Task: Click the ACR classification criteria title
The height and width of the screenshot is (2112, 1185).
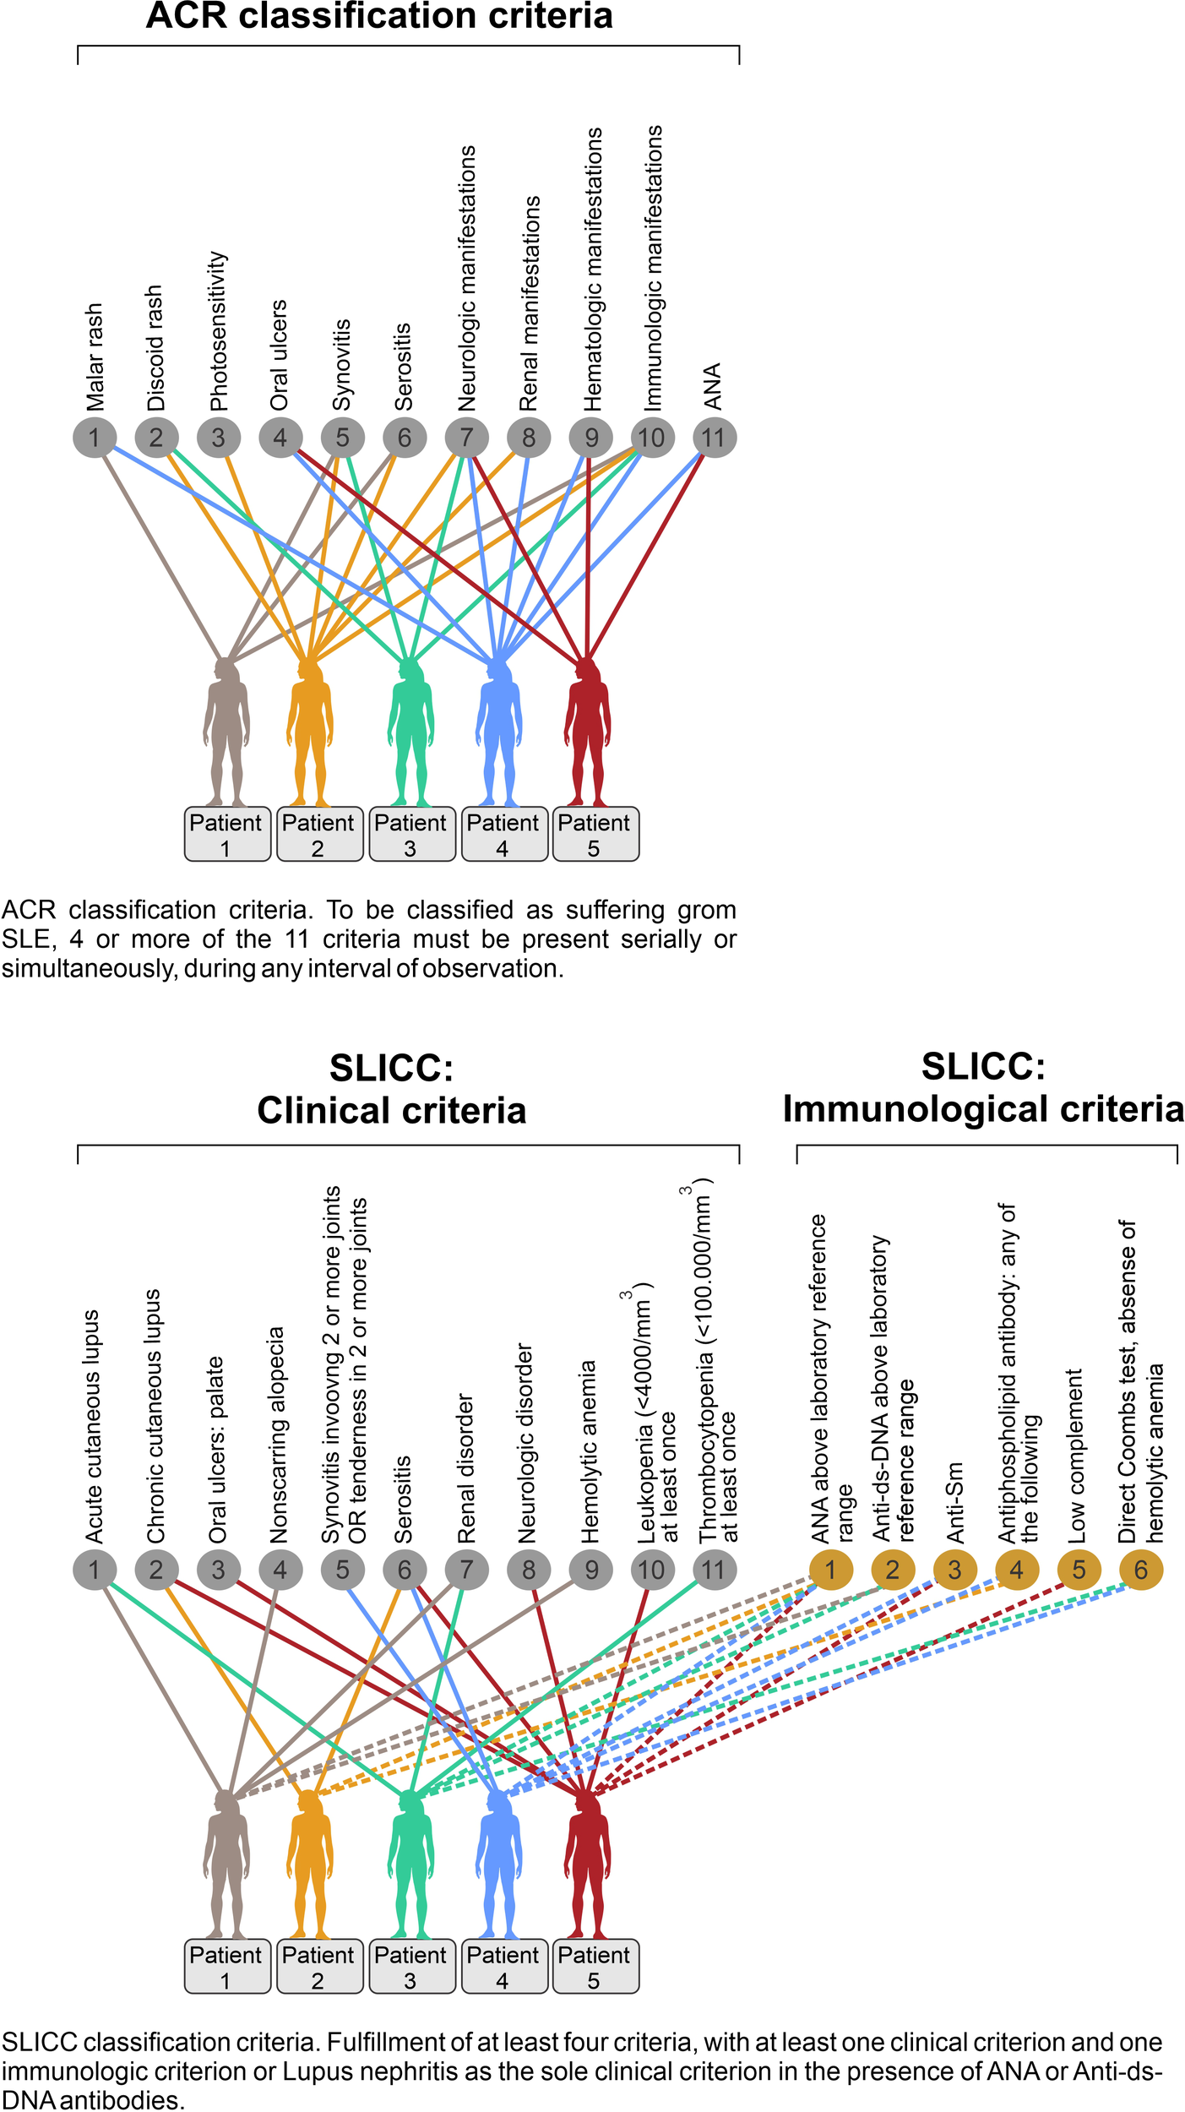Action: (379, 17)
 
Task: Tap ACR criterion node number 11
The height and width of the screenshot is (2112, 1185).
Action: (714, 438)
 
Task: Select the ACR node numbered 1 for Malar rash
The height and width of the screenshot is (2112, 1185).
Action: (94, 438)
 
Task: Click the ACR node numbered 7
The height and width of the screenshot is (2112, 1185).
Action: (466, 438)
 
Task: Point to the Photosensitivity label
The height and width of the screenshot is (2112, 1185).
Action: (218, 330)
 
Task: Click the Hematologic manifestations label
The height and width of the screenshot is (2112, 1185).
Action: (592, 269)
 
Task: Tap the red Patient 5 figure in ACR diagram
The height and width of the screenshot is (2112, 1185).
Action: (587, 735)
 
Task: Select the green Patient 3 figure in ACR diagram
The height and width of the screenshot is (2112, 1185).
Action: (410, 735)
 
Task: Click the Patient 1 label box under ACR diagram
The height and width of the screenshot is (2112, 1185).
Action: (226, 835)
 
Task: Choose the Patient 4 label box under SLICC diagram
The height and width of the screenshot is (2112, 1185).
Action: (503, 1967)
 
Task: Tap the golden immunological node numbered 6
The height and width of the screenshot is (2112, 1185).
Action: (1140, 1570)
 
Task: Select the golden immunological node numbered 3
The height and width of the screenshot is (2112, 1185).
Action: (954, 1570)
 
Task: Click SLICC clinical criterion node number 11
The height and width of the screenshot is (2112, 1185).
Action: (714, 1570)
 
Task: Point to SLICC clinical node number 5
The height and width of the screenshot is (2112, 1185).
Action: (342, 1570)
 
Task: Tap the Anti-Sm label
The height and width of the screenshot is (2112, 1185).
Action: (954, 1503)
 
